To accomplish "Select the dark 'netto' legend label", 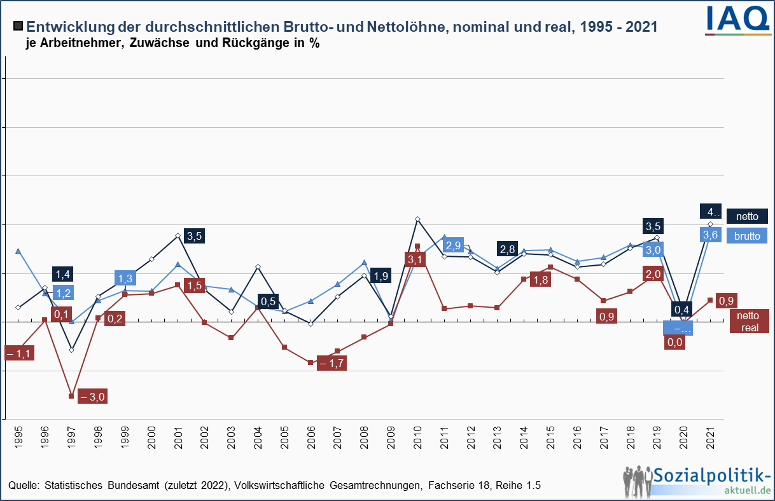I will (x=747, y=216).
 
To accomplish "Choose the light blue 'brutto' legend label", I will (x=747, y=235).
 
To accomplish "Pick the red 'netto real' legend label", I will (x=748, y=321).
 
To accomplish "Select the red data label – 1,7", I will (x=332, y=363).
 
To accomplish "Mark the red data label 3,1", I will (x=415, y=259).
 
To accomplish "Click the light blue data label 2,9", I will (x=453, y=245).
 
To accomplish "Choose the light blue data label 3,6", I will (x=709, y=235).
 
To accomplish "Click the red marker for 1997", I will (x=71, y=396).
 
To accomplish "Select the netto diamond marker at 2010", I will (x=417, y=219).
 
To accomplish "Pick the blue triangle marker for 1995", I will (x=18, y=251).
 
